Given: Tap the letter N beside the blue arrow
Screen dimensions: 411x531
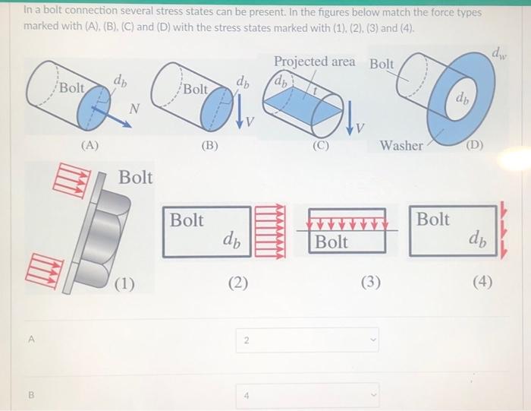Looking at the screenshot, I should pyautogui.click(x=134, y=108).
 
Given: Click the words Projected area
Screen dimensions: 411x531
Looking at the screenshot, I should pyautogui.click(x=314, y=61).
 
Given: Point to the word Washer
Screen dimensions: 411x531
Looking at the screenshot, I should pyautogui.click(x=401, y=144).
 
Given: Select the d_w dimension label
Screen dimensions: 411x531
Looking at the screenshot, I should pyautogui.click(x=499, y=52).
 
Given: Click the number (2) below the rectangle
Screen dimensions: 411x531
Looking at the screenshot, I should pyautogui.click(x=237, y=283).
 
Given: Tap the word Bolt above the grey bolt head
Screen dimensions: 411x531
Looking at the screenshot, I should pyautogui.click(x=135, y=178).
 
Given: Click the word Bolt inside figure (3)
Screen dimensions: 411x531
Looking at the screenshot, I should pyautogui.click(x=331, y=242).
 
